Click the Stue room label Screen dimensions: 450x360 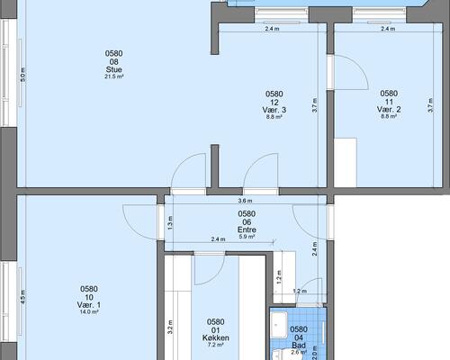(113, 69)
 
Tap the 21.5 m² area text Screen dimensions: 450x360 (114, 76)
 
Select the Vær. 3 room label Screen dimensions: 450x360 (274, 110)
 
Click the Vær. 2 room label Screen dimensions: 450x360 (389, 110)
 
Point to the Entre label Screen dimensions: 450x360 (247, 229)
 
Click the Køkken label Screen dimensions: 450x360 (216, 337)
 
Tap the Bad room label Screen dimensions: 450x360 (299, 346)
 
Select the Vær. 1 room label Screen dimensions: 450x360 (89, 305)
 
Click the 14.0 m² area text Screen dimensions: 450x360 (89, 312)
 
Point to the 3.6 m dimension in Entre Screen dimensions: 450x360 (245, 201)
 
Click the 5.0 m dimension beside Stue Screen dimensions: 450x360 (23, 75)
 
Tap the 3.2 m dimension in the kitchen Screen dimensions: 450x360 (170, 327)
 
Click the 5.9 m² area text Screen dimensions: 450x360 (247, 237)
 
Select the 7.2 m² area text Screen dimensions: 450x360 (216, 345)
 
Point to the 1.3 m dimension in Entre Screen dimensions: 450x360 (170, 223)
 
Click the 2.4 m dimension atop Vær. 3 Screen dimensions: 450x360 (272, 29)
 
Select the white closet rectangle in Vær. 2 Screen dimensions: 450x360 (346, 163)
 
